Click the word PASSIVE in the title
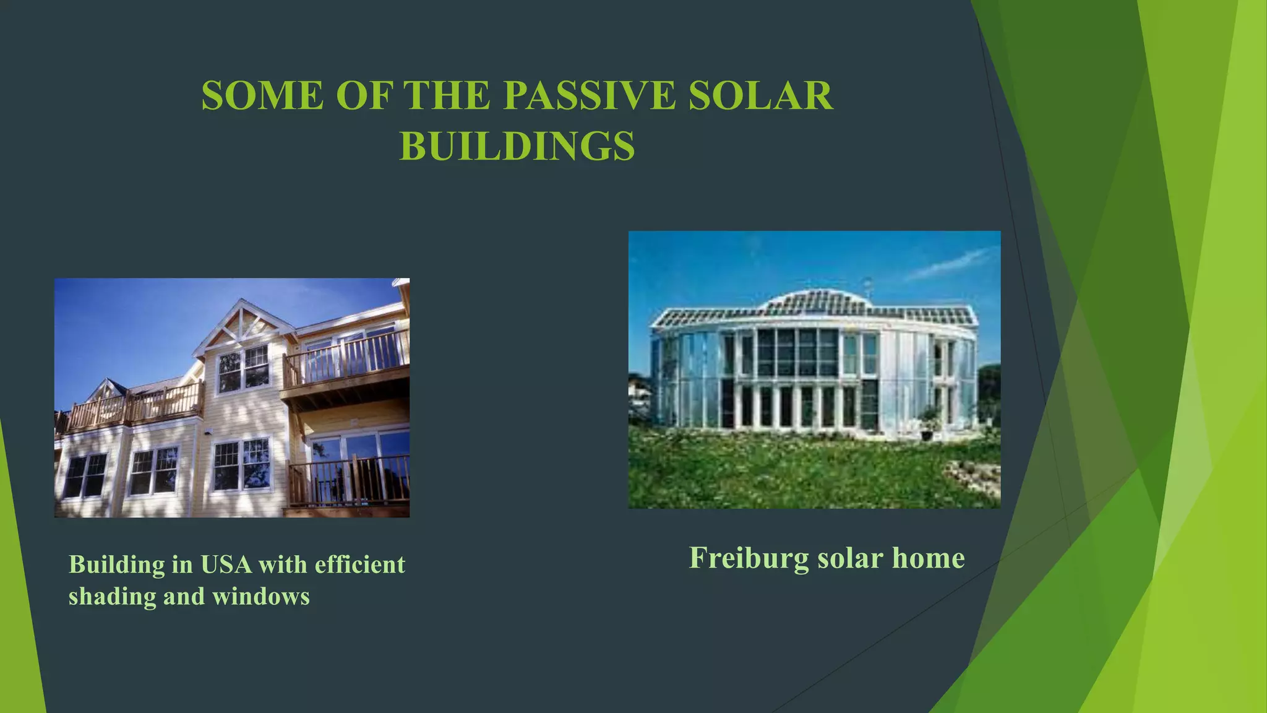point(588,96)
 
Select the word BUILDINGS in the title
point(517,146)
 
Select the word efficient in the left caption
point(360,564)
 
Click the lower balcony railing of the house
point(350,480)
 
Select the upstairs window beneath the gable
point(244,368)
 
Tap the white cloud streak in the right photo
point(950,263)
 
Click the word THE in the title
point(447,96)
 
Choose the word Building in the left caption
point(116,564)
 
